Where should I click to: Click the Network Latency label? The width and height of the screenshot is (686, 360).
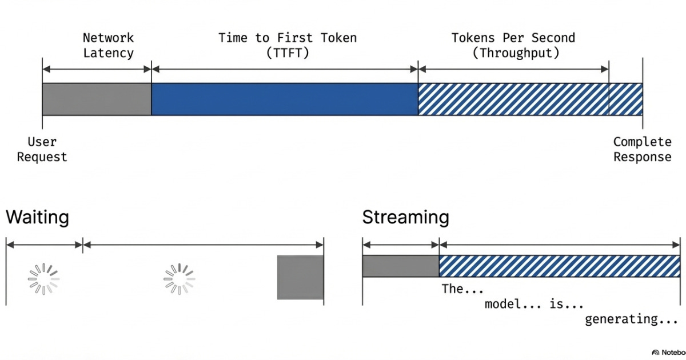pos(108,46)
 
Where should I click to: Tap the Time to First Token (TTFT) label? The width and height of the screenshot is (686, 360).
pos(287,46)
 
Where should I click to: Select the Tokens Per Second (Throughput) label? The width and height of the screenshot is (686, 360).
pos(513,46)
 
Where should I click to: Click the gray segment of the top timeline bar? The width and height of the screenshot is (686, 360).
pos(97,99)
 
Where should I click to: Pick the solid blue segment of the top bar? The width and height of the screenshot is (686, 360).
pos(285,99)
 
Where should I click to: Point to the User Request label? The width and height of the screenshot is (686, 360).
pos(42,149)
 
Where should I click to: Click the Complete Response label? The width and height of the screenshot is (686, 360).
pos(642,149)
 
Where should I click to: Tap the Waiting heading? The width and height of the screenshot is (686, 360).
pos(37,218)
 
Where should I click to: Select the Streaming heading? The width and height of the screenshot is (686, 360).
pos(405,218)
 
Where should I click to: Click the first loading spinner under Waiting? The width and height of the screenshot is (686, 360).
pos(44,279)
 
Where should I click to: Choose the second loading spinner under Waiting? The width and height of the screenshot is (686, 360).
pos(180,279)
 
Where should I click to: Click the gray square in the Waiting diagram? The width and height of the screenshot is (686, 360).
pos(300,277)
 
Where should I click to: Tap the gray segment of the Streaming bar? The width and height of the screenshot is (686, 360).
pos(400,266)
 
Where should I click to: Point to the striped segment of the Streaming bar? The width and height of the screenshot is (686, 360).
pos(559,266)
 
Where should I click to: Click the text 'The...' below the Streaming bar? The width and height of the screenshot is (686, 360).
pos(462,289)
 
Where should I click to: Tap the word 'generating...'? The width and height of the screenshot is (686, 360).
pos(631,319)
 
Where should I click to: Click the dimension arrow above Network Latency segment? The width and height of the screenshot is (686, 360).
pos(97,69)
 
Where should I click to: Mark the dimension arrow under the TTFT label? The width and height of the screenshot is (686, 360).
pos(285,69)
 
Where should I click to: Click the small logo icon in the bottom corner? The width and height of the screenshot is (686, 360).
pos(656,352)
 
